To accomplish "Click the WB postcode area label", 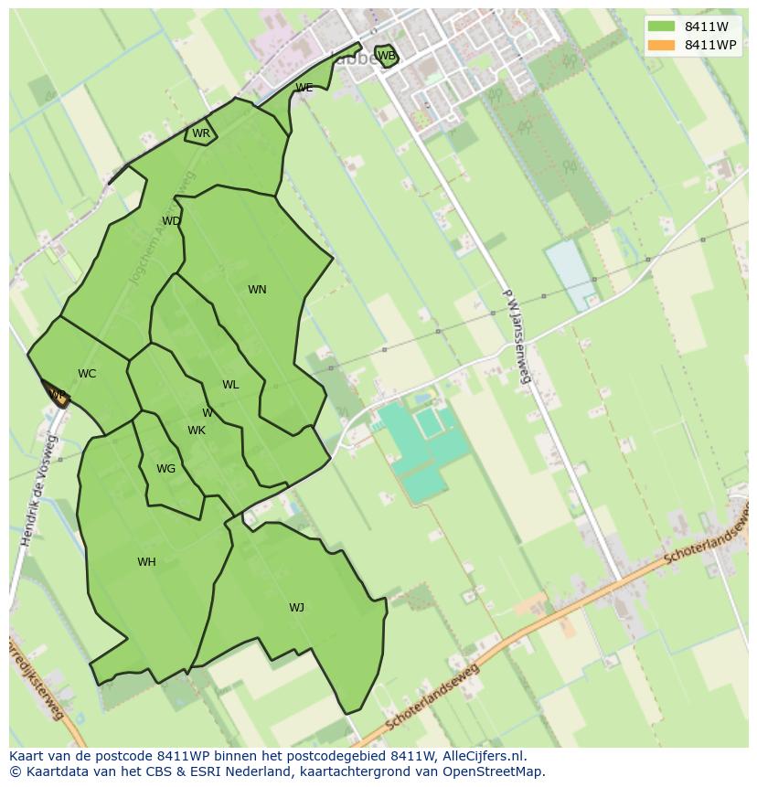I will coord(387,56).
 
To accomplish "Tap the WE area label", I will coord(304,88).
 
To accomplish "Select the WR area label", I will coord(201,133).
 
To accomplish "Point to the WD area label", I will coord(171,221).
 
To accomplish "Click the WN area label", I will coord(257,290).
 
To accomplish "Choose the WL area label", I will coord(230,385).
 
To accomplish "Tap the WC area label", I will coord(87,374).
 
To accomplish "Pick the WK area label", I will coord(197,431).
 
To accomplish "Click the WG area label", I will coord(165,469).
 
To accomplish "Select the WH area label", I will coord(146,562).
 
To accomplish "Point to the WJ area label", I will coord(296,608).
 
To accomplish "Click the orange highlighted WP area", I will coord(57,395).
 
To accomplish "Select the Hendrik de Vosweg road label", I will coord(37,491).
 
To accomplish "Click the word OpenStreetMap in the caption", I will coord(495,771).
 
